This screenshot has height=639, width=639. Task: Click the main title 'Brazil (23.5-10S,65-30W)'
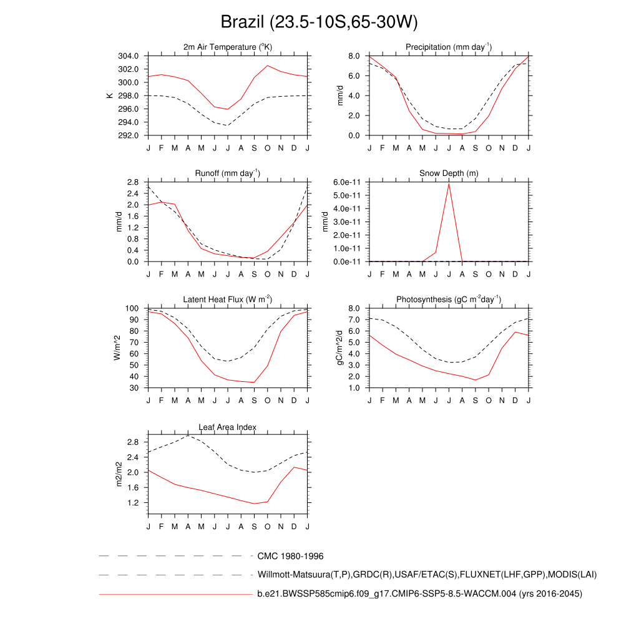click(x=319, y=22)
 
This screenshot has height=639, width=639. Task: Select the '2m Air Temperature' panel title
click(x=228, y=47)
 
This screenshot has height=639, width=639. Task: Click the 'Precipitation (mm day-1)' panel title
click(x=449, y=47)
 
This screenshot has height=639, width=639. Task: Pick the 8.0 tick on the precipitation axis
click(x=354, y=56)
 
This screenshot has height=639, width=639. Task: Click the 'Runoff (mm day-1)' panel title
click(x=228, y=173)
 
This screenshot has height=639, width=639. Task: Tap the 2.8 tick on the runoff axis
click(x=132, y=182)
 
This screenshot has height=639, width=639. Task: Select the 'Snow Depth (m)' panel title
click(x=449, y=173)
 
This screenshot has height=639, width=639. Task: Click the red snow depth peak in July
click(x=449, y=183)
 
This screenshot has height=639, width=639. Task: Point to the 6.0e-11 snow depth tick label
click(x=346, y=182)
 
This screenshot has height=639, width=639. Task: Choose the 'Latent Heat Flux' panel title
click(x=228, y=300)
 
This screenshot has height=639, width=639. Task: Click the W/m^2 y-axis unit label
click(x=117, y=348)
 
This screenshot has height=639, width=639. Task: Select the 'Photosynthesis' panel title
click(x=449, y=300)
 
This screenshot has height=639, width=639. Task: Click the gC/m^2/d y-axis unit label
click(x=341, y=348)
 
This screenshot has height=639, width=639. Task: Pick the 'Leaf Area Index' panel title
click(x=228, y=427)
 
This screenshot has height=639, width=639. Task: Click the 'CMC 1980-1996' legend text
click(x=290, y=556)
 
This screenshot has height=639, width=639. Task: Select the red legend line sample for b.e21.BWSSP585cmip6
click(x=175, y=595)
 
